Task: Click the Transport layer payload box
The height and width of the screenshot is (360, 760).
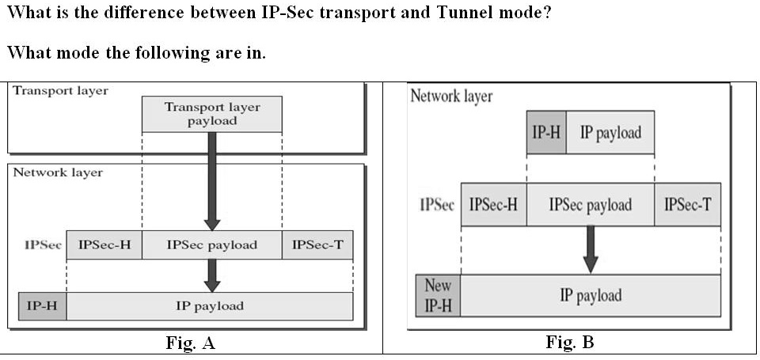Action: (x=211, y=114)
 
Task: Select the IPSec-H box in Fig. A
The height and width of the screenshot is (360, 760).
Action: (x=104, y=245)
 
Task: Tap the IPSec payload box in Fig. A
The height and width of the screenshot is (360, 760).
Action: (x=211, y=245)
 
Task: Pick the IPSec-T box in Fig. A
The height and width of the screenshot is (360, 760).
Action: (x=317, y=245)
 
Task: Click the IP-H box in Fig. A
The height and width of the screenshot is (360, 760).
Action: (x=42, y=306)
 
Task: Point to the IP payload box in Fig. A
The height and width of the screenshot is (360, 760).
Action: (x=209, y=306)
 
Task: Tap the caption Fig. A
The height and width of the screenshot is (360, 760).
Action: (x=190, y=343)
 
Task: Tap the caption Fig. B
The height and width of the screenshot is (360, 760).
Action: (x=569, y=343)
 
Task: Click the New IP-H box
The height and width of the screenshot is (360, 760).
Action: (x=438, y=295)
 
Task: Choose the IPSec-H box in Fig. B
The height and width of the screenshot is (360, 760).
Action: (x=494, y=205)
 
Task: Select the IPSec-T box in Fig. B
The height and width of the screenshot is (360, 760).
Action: (x=687, y=205)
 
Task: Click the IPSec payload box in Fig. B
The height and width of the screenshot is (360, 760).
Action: (x=590, y=205)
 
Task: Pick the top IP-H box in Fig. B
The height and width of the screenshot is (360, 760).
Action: (x=546, y=132)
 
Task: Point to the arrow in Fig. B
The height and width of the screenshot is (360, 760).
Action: (x=590, y=249)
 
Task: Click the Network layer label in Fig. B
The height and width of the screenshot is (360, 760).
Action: (x=451, y=97)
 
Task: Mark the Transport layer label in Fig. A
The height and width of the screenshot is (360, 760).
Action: (x=60, y=90)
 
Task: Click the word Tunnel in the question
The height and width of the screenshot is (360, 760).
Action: (x=458, y=14)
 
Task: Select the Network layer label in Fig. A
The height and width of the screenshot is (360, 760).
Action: (x=58, y=172)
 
